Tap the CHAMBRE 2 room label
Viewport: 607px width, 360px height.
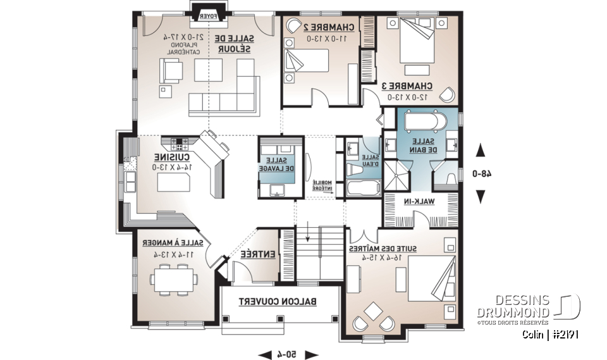324,27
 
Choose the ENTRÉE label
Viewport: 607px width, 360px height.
257,254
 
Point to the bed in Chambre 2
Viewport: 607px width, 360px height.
308,62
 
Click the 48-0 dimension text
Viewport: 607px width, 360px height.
480,173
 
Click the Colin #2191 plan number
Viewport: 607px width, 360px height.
551,333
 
